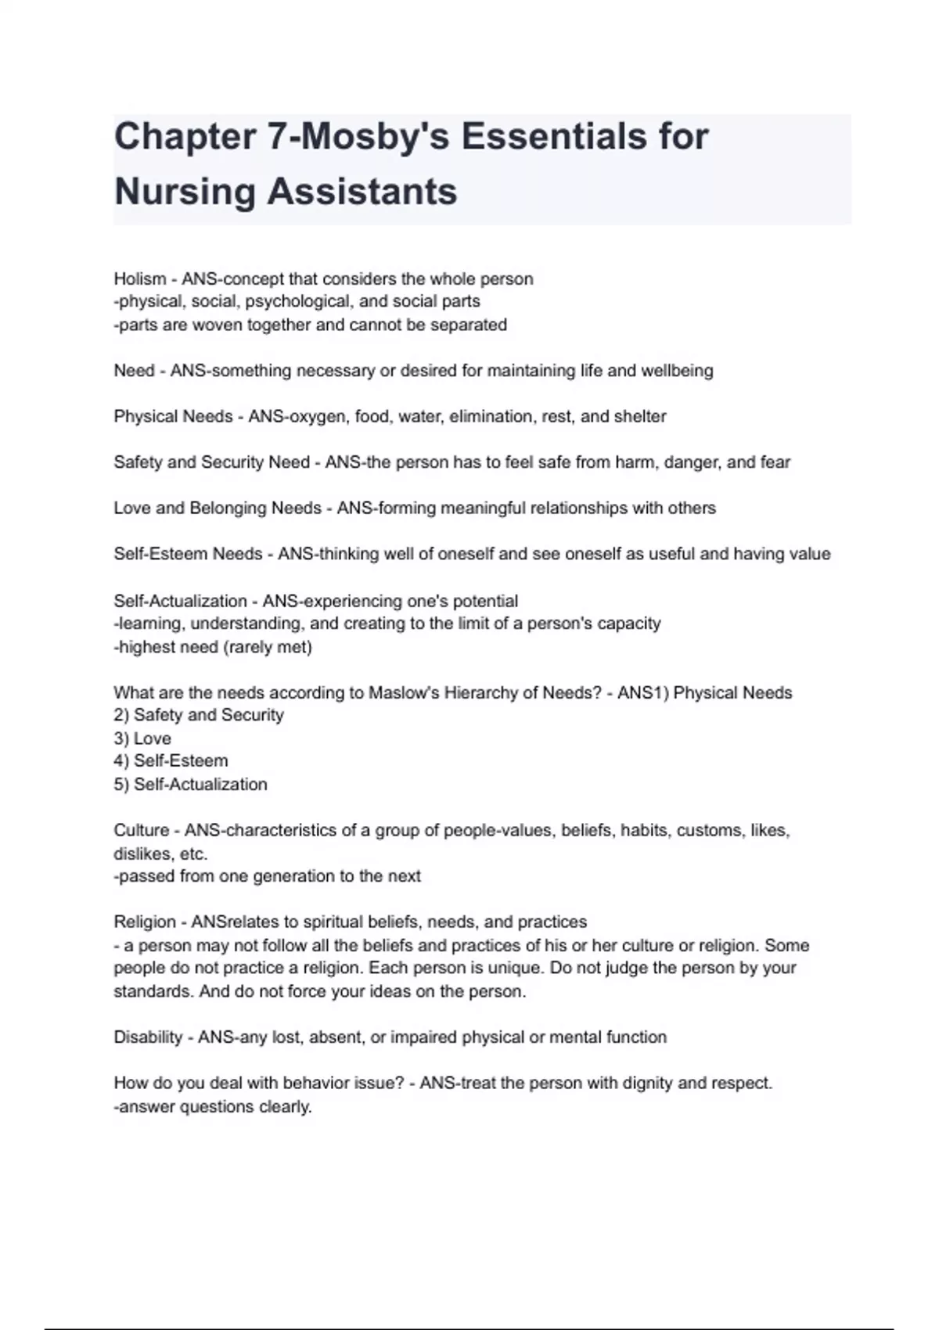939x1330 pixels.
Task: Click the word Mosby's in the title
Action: [375, 137]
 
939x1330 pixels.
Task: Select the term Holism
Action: [140, 279]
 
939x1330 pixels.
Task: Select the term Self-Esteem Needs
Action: [188, 554]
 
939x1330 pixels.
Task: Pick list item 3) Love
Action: [142, 739]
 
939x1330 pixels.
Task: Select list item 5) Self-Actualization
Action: [190, 785]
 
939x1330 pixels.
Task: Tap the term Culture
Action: [141, 831]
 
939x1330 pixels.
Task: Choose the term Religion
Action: [144, 922]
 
